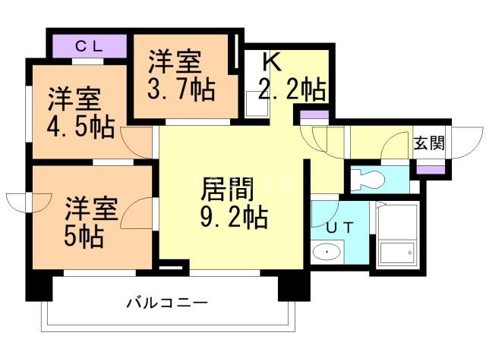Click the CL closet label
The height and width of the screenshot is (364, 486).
point(90,45)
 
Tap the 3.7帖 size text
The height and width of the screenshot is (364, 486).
point(181,88)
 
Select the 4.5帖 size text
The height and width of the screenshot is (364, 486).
point(81,125)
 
